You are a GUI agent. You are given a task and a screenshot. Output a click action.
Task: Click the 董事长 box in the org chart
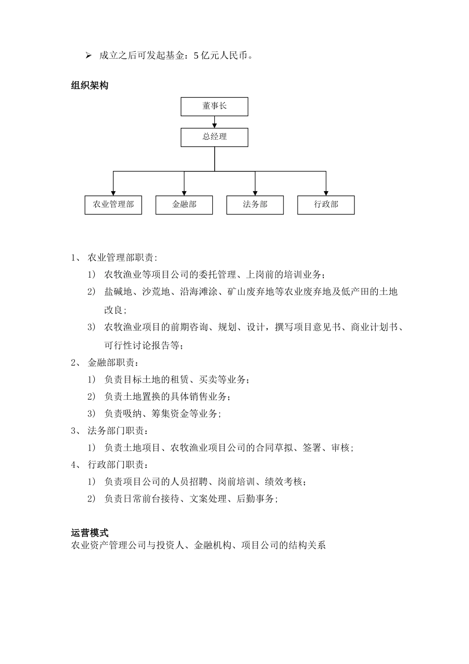214,106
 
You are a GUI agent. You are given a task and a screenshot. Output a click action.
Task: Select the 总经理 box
214,137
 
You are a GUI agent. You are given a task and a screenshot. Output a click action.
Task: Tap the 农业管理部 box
113,205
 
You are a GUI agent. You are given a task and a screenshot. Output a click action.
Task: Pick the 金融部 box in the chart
184,205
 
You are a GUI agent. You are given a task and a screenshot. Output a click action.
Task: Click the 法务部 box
255,205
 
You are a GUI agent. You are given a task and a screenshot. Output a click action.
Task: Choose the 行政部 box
326,205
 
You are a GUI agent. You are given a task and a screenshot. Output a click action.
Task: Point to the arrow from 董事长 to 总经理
214,122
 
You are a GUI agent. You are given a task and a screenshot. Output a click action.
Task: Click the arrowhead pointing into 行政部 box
326,192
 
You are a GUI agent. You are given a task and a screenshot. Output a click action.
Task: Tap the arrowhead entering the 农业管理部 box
113,192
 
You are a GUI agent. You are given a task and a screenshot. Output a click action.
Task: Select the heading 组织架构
89,85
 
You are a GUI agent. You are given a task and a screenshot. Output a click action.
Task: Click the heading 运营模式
89,533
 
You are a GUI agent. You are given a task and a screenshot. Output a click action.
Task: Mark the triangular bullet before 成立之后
89,55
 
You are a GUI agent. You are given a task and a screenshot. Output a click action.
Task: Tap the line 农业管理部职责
122,257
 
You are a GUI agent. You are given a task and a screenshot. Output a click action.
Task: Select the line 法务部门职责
117,431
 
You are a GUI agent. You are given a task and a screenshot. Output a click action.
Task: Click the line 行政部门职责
117,465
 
